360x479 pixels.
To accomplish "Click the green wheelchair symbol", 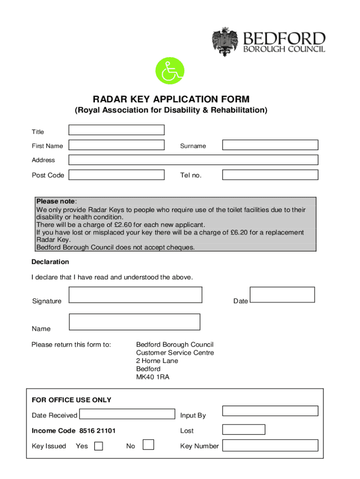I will tap(170, 72).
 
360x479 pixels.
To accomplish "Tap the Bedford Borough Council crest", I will tap(226, 42).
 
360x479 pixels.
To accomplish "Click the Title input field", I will tap(116, 130).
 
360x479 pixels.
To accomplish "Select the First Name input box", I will tap(116, 145).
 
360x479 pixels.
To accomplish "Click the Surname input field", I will tap(270, 145).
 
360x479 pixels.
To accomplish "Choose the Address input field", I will tap(193, 160).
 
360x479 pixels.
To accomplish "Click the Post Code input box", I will tap(116, 175).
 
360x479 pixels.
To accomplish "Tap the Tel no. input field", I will tap(270, 175).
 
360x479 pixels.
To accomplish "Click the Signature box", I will tap(136, 295).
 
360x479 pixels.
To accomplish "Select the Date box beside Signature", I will tap(282, 295).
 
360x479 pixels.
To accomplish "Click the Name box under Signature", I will tap(134, 322).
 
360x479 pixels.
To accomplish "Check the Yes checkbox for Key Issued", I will tap(99, 446).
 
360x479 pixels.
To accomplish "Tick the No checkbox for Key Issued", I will tap(148, 444).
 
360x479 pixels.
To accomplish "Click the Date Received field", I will tap(127, 414).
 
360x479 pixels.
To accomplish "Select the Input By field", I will tap(270, 411).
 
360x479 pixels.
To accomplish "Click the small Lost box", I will tap(243, 429).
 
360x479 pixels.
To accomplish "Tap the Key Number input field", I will tap(270, 445).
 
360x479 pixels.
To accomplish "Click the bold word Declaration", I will tap(50, 262).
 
